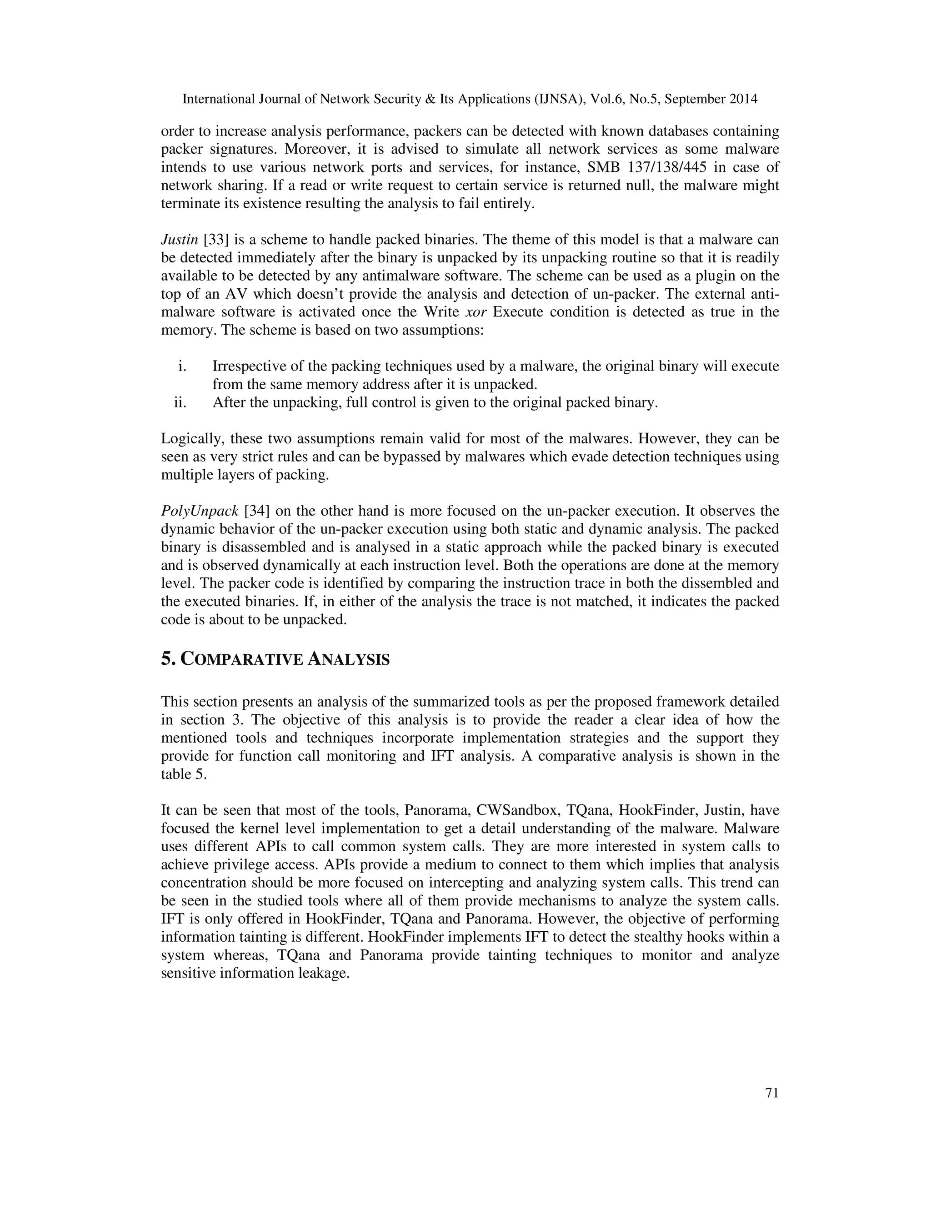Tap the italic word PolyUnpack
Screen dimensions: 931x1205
[x=200, y=511]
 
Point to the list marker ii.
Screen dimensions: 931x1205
[x=180, y=403]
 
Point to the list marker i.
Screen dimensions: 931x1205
[x=182, y=367]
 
